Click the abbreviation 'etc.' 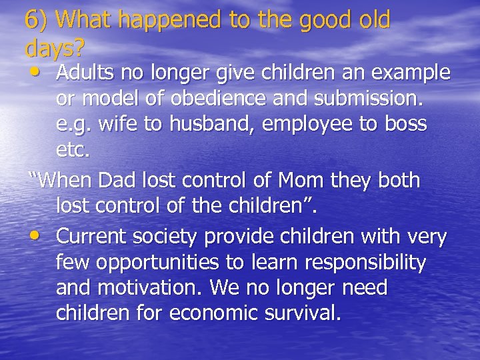click(72, 151)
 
